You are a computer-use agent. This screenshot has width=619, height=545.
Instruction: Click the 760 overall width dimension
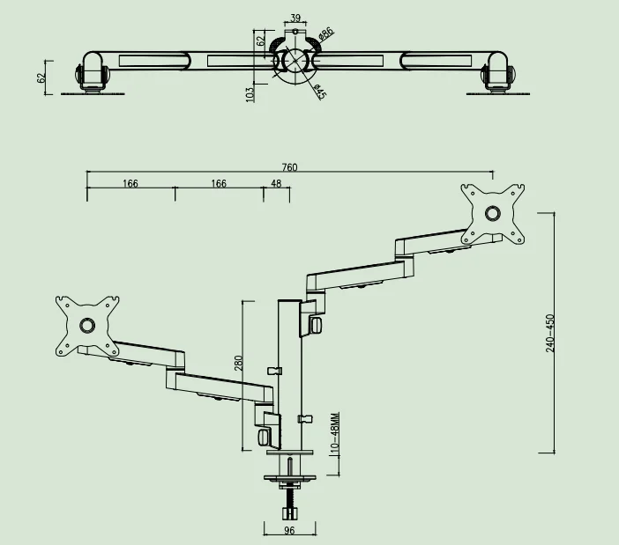tap(289, 167)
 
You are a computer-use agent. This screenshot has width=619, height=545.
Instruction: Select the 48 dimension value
tap(276, 184)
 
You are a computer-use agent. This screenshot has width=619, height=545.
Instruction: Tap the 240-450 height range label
tap(550, 332)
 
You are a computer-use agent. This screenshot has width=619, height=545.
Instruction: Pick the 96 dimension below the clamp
tap(289, 531)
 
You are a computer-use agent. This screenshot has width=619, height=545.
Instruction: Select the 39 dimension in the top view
tap(295, 18)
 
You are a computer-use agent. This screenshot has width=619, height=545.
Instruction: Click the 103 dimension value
tap(250, 92)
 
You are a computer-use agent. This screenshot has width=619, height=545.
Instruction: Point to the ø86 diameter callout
tap(325, 34)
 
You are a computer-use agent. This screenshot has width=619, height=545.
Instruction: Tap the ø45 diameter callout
tap(320, 92)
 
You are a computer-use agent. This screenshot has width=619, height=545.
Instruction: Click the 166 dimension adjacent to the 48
tap(218, 184)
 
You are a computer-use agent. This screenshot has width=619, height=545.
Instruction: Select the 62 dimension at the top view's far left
tap(41, 77)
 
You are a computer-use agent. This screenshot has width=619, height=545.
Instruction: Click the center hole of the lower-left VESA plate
tap(86, 325)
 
